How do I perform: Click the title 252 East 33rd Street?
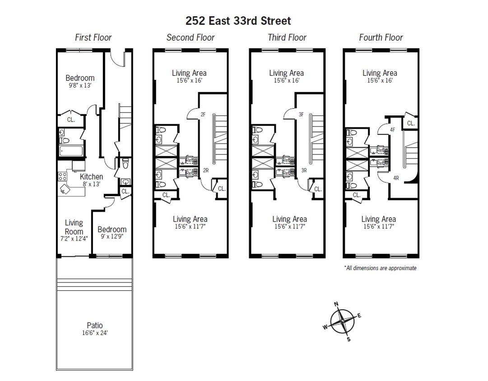coord(238,21)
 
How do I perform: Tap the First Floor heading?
coord(93,37)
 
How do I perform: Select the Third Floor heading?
coord(287,37)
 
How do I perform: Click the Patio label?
coord(95,325)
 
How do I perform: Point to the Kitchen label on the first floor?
coord(91,177)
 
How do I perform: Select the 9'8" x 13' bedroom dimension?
coord(80,85)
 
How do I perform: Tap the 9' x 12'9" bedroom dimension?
coord(112,236)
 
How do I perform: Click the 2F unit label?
coord(203,115)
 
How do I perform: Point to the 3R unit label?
coord(303,170)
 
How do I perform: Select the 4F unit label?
coord(392,130)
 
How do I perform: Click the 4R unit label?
coord(396,178)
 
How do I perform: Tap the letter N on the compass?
coord(336,304)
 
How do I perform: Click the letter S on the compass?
coord(349,339)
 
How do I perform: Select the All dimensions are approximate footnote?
coord(380,268)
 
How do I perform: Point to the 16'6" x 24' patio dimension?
coord(95,333)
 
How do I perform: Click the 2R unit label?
coord(205,170)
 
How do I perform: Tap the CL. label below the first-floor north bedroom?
coord(71,120)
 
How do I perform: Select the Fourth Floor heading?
coord(381,37)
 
